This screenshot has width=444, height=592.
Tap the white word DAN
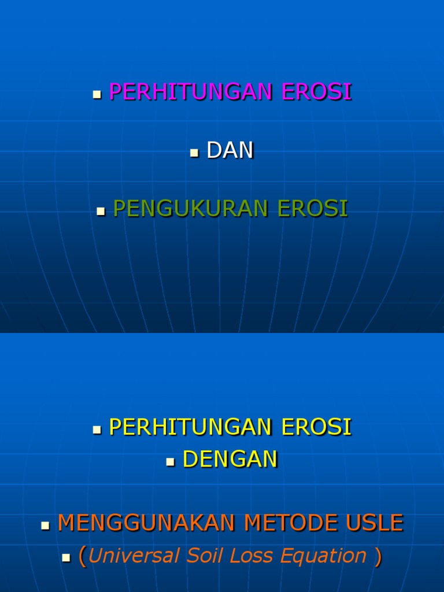tap(230, 151)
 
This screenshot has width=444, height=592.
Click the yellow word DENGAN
tap(230, 460)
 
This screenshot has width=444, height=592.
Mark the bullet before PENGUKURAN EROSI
tap(101, 212)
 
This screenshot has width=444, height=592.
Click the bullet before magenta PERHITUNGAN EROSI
tap(97, 95)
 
